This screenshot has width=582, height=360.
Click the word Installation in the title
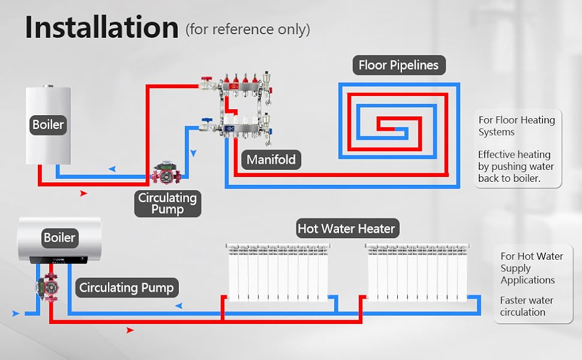pyautogui.click(x=101, y=28)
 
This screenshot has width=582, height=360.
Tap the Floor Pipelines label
pyautogui.click(x=398, y=65)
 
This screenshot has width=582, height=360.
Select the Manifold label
pyautogui.click(x=271, y=160)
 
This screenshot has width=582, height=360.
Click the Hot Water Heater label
pyautogui.click(x=346, y=229)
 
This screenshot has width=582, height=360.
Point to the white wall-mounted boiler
pyautogui.click(x=48, y=125)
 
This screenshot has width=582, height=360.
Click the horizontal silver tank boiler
pyautogui.click(x=59, y=239)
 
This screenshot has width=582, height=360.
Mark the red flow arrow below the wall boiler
pyautogui.click(x=83, y=193)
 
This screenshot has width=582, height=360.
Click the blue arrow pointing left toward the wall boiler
pyautogui.click(x=112, y=169)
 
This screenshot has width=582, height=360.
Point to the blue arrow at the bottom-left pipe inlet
pyautogui.click(x=16, y=313)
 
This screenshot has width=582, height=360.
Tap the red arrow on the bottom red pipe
pyautogui.click(x=130, y=331)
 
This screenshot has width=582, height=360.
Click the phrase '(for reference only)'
pyautogui.click(x=248, y=29)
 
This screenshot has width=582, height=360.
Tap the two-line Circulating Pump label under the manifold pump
pyautogui.click(x=167, y=203)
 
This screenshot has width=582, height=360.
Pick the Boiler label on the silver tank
pyautogui.click(x=59, y=237)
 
